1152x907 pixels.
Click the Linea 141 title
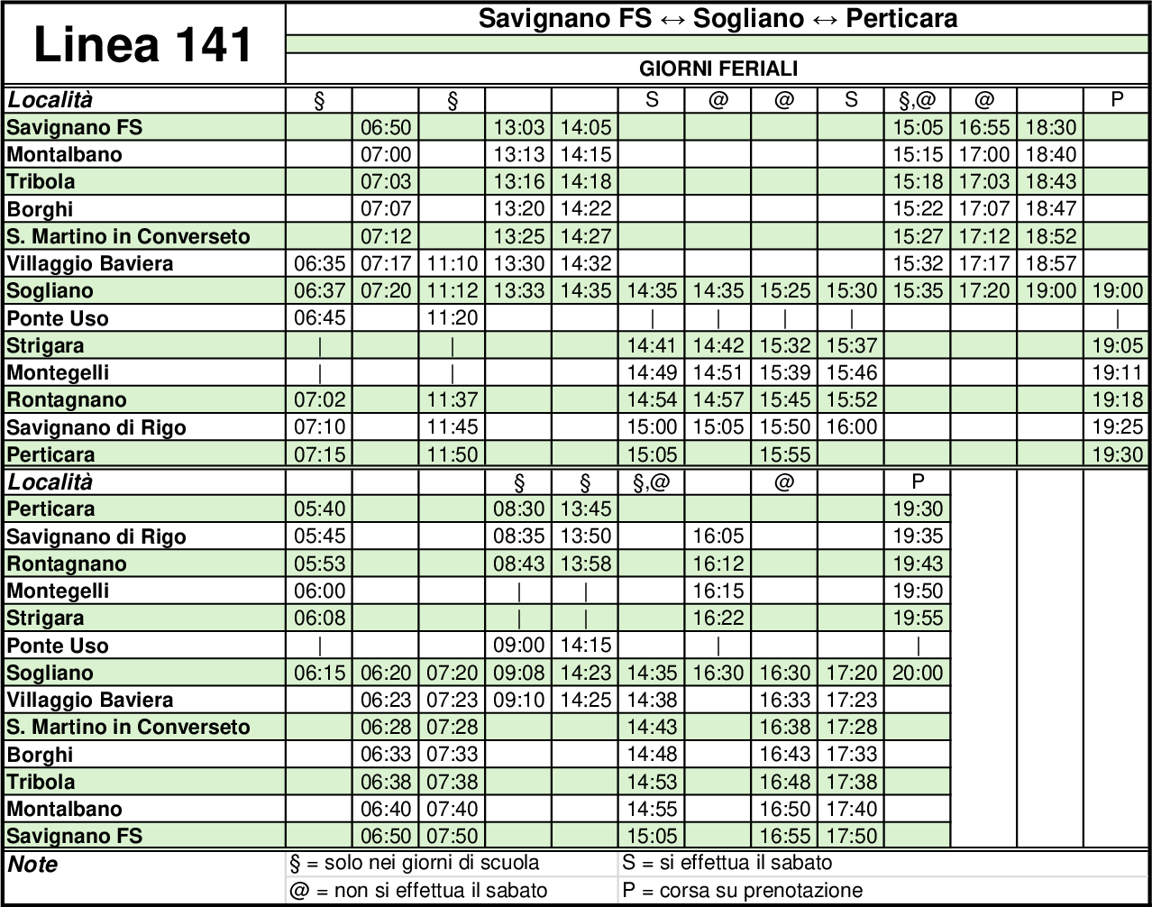click(x=143, y=45)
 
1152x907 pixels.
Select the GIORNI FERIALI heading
click(x=718, y=69)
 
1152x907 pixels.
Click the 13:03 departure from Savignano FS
click(x=519, y=127)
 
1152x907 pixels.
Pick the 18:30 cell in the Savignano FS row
click(x=1050, y=127)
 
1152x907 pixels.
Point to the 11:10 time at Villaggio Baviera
click(x=453, y=263)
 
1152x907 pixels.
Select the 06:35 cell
click(x=319, y=263)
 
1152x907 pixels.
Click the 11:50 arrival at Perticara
click(x=453, y=454)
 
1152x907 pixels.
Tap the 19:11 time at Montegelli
click(x=1117, y=372)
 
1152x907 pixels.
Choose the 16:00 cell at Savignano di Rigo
click(x=851, y=426)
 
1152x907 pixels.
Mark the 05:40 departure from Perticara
click(x=319, y=508)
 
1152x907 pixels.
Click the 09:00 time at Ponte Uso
click(x=519, y=646)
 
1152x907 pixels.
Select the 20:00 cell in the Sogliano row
click(x=918, y=673)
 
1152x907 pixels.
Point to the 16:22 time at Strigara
click(x=718, y=618)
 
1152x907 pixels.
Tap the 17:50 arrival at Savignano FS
click(x=851, y=836)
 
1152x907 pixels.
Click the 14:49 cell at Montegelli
click(x=652, y=372)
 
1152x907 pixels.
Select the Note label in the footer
click(x=32, y=865)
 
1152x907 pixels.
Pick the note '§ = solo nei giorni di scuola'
click(x=415, y=863)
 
